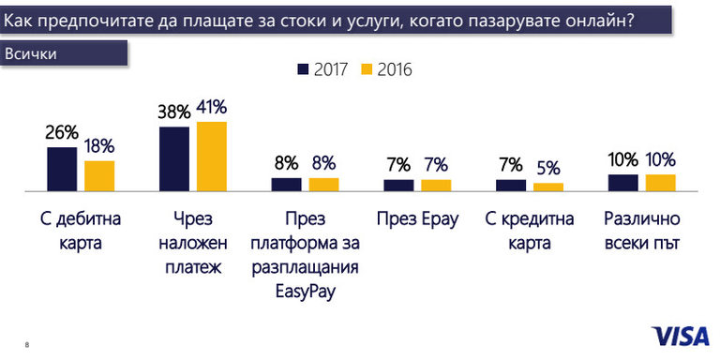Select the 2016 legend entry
(x=387, y=69)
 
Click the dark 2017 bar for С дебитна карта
(x=62, y=169)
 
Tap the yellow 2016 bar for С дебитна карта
(x=98, y=175)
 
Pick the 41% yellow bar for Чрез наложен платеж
(x=211, y=156)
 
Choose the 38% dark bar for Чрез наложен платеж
(x=174, y=158)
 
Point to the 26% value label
(x=62, y=132)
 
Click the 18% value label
(x=98, y=146)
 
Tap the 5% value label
(x=547, y=169)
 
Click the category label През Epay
(x=417, y=220)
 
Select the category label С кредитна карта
(x=530, y=232)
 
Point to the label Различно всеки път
(x=641, y=232)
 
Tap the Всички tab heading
(x=32, y=53)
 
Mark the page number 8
(x=27, y=345)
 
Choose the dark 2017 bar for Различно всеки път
(x=623, y=182)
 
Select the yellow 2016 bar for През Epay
(x=436, y=185)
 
